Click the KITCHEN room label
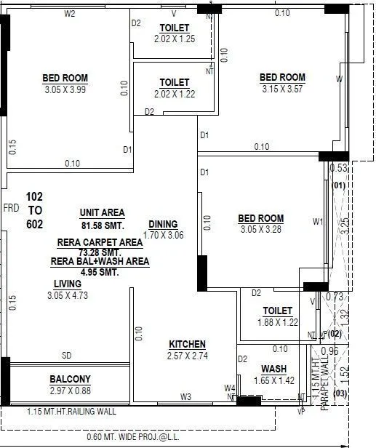[187, 344]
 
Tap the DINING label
[163, 225]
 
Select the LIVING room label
[67, 284]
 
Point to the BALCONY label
[70, 379]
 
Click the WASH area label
[273, 369]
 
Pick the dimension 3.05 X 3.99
[65, 89]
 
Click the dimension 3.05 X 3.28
[260, 230]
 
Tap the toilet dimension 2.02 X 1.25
[175, 39]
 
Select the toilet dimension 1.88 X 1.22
[278, 322]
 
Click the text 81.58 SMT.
[102, 224]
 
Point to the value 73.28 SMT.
[100, 252]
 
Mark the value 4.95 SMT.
[100, 272]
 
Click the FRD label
[11, 207]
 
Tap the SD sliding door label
[66, 356]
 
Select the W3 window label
[185, 396]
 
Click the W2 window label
[70, 14]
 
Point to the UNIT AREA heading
[102, 212]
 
